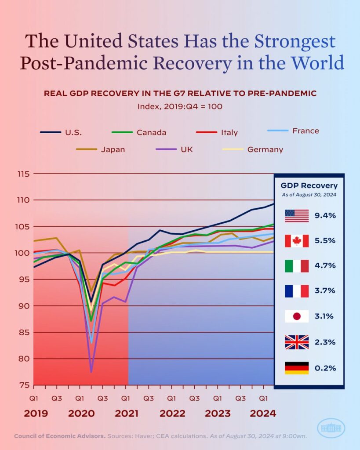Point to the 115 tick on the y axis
click(x=23, y=174)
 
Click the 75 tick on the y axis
click(x=25, y=385)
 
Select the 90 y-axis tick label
click(x=25, y=306)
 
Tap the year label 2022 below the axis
click(x=172, y=414)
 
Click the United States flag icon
click(x=297, y=216)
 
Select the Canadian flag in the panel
click(x=297, y=241)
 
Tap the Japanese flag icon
click(x=297, y=316)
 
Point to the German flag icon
click(x=297, y=368)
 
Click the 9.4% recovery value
click(x=326, y=216)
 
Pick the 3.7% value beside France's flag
click(x=326, y=291)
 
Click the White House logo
click(x=331, y=428)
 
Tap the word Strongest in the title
click(x=295, y=41)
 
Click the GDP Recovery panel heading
click(x=309, y=185)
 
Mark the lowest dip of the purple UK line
click(x=91, y=372)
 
